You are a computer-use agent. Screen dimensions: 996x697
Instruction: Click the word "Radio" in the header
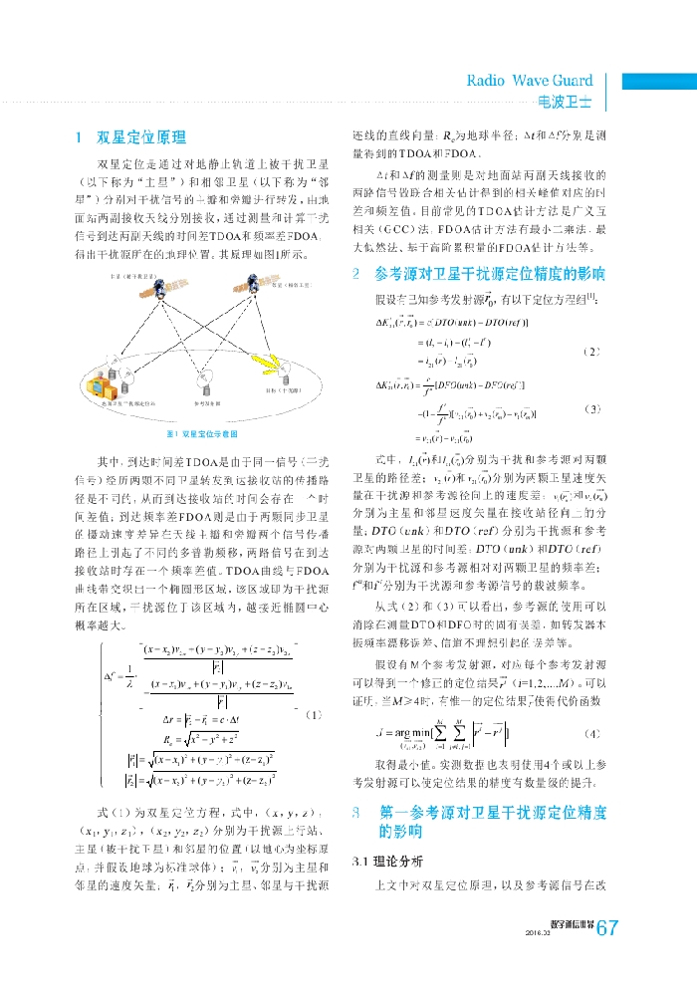(487, 81)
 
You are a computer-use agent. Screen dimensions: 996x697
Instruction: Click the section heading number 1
(79, 136)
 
